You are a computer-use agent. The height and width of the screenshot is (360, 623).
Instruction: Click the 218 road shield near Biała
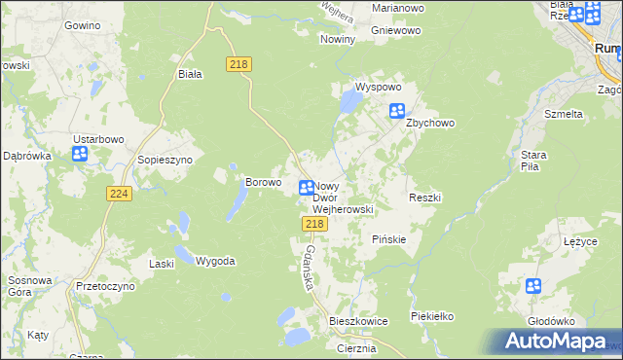(x=238, y=64)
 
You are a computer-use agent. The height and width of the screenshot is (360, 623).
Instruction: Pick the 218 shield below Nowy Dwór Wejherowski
(x=312, y=224)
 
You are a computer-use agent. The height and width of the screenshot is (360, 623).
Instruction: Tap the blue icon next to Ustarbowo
(x=81, y=153)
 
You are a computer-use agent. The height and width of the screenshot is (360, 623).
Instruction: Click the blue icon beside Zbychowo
(x=397, y=111)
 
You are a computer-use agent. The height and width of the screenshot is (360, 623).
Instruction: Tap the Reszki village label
(x=424, y=198)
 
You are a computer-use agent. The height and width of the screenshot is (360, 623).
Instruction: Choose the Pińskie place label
(x=388, y=238)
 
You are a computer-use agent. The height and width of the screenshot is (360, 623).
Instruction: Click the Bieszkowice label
(x=358, y=320)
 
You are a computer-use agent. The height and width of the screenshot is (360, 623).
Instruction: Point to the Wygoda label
(x=215, y=261)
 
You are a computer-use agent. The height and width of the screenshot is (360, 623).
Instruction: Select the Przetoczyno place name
(x=105, y=288)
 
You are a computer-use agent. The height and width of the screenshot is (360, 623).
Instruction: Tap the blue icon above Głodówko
(x=533, y=286)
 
